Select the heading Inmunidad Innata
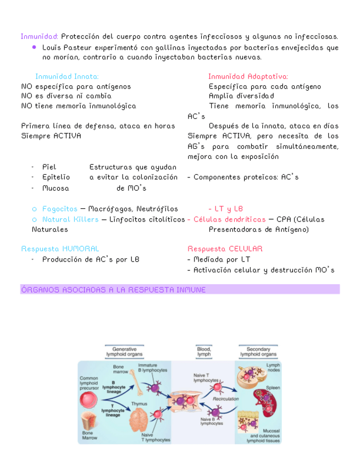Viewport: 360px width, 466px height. click(x=67, y=76)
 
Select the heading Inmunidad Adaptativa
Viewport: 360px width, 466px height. click(x=248, y=76)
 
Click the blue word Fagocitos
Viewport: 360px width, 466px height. click(x=59, y=209)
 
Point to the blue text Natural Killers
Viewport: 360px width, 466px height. click(x=70, y=219)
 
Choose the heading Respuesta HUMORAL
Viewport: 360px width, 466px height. click(x=60, y=249)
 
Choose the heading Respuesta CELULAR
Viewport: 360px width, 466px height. click(x=225, y=249)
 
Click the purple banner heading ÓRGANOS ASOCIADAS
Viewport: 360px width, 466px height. click(x=113, y=289)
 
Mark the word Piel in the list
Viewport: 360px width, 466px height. click(x=49, y=167)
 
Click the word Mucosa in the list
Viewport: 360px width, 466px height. click(x=56, y=188)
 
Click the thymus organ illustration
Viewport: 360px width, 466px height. click(x=139, y=418)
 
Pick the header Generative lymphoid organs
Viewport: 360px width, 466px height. click(x=124, y=352)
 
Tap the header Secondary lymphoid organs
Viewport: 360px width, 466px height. click(x=258, y=352)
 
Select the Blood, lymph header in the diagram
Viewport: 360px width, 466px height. click(x=203, y=352)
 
